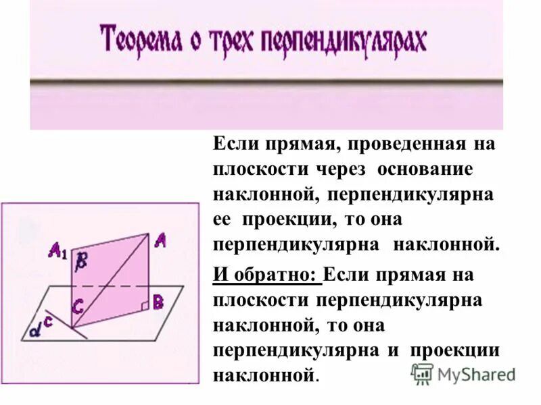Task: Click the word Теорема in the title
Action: click(x=141, y=40)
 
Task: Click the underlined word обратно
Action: click(x=273, y=275)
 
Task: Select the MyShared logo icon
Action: click(x=422, y=373)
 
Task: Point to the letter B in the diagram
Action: click(x=158, y=302)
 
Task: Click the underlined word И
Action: click(x=219, y=275)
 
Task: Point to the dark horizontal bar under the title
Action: click(x=266, y=82)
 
